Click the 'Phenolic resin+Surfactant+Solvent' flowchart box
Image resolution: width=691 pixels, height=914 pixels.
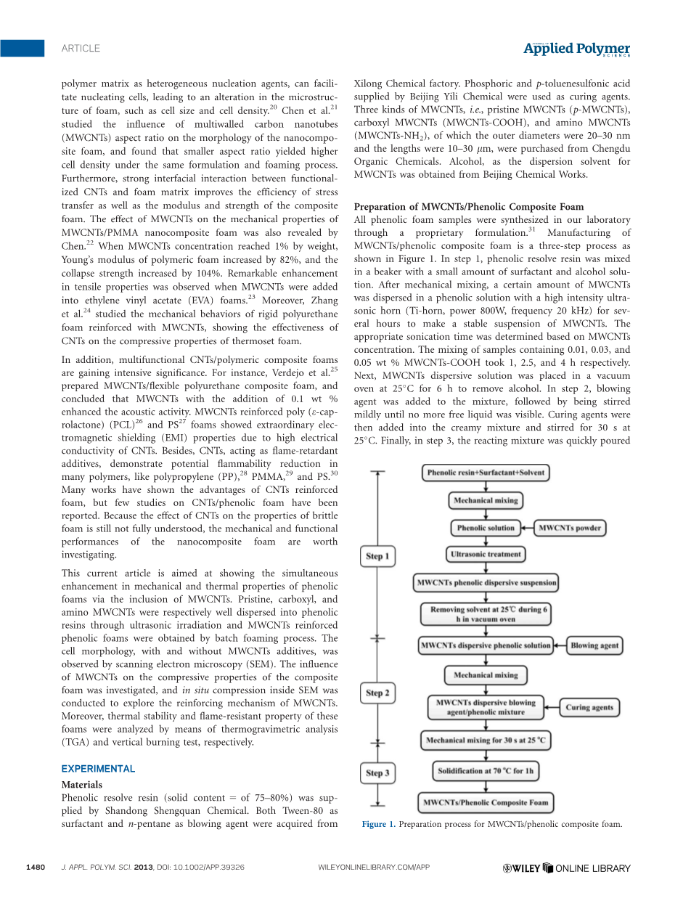pos(486,473)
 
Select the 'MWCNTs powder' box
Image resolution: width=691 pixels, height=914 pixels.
pos(570,528)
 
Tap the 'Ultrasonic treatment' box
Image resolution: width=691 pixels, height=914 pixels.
pos(486,555)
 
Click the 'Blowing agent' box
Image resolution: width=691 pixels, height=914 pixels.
pos(594,645)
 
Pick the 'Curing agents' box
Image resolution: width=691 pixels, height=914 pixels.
pos(589,708)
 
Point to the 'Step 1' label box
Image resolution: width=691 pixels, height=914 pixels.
pos(377,557)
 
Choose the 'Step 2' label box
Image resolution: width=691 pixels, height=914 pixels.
pos(377,693)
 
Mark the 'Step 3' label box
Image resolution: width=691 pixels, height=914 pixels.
pos(377,772)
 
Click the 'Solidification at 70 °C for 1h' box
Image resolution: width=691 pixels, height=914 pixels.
pos(486,771)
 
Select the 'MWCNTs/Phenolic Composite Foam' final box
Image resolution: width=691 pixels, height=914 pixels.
pos(486,802)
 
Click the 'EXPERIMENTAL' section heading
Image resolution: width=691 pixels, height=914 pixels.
pos(98,769)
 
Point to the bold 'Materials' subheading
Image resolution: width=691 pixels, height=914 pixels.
pos(82,785)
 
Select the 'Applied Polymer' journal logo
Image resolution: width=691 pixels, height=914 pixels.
pos(577,49)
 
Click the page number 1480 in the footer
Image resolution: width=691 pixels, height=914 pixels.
pos(36,868)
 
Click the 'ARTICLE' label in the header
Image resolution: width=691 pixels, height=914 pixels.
pos(81,49)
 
